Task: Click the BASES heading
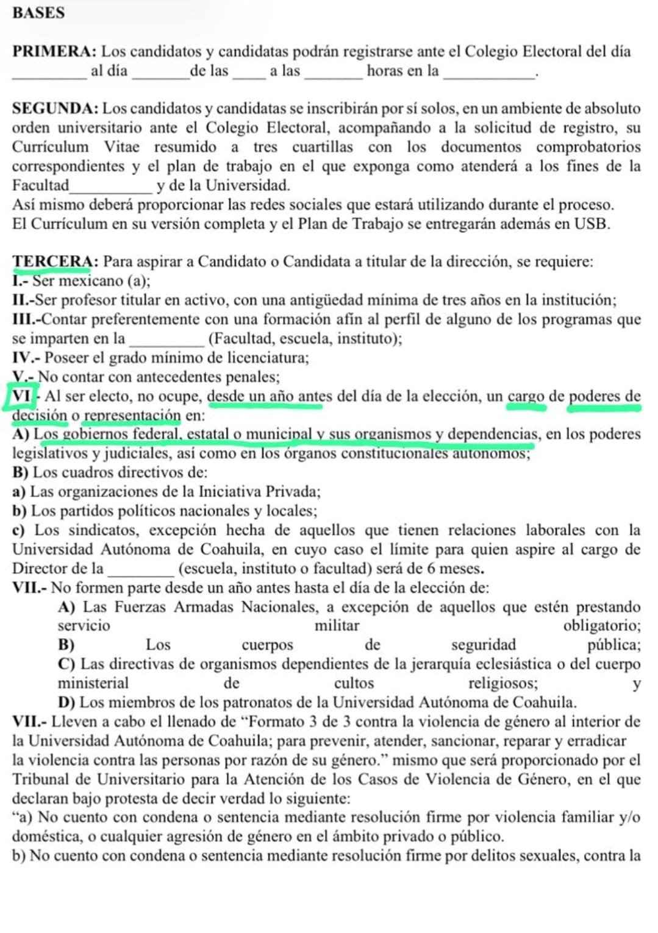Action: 38,13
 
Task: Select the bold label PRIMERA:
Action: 54,52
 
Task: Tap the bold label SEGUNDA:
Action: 55,109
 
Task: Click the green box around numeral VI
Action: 21,396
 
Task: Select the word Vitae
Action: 121,147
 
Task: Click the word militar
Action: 337,626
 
